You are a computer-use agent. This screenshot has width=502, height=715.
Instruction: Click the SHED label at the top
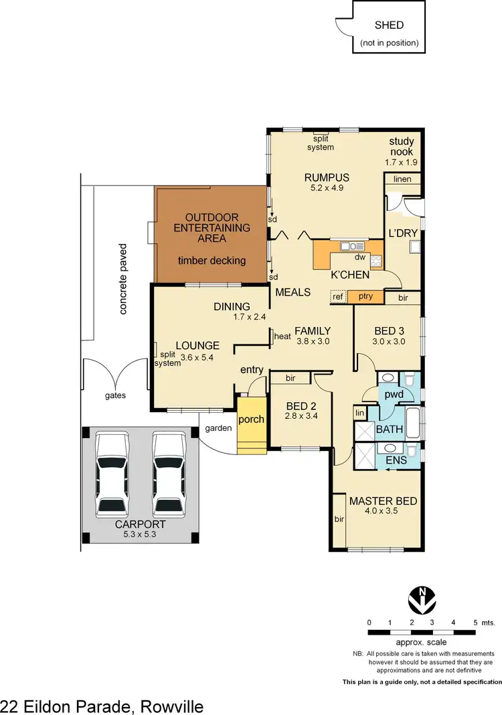tap(389, 25)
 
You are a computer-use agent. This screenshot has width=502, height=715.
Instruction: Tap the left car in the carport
tap(112, 472)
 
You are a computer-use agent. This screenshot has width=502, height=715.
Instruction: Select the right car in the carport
tap(168, 472)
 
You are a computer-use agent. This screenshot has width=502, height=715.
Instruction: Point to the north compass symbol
tap(422, 598)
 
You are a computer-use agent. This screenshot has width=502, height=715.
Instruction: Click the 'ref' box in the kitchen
tap(338, 296)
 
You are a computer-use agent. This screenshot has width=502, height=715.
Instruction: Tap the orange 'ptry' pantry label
tap(365, 296)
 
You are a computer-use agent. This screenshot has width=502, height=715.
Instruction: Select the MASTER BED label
tap(383, 501)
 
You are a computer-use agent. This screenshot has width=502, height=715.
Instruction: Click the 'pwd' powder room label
tap(394, 394)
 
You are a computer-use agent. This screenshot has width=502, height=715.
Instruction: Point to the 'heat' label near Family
tap(282, 336)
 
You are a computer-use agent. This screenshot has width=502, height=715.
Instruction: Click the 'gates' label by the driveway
tap(115, 395)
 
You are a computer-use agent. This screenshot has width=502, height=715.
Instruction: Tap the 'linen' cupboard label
tap(402, 179)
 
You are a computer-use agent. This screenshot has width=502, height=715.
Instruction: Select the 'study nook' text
tap(402, 146)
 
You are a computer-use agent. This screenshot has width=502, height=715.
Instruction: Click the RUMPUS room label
tap(327, 178)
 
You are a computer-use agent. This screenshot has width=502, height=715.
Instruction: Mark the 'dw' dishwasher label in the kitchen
tap(359, 256)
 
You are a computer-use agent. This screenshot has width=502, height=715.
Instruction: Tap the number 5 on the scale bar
tap(475, 623)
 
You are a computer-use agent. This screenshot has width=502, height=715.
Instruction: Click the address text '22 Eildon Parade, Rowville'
tap(102, 706)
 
